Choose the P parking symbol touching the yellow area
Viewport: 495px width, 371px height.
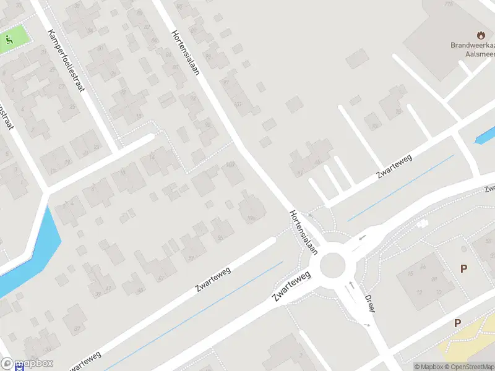(458, 323)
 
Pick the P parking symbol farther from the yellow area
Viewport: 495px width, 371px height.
(463, 268)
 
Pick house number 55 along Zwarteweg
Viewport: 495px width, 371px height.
(220, 238)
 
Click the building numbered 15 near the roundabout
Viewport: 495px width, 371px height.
(410, 273)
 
